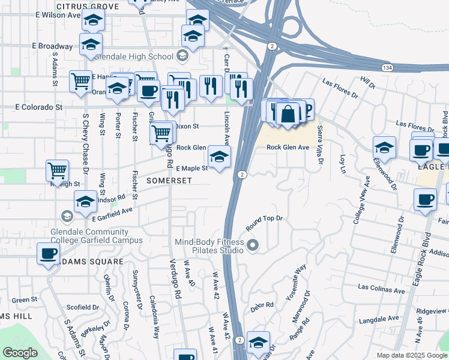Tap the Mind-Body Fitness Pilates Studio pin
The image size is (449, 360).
tap(253, 245)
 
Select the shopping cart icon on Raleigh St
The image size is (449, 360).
tap(57, 170)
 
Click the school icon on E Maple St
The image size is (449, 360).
tap(219, 157)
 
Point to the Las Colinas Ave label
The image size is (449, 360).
tap(381, 289)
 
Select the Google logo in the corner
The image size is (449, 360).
tap(20, 353)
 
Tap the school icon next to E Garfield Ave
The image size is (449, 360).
tap(85, 202)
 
